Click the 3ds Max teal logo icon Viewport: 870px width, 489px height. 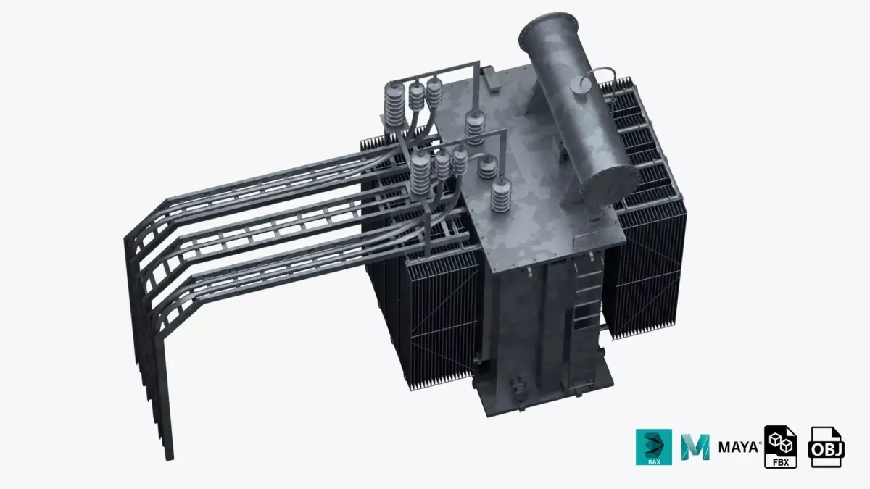(654, 447)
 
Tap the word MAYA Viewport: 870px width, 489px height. (739, 446)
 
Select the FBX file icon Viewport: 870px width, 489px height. (781, 447)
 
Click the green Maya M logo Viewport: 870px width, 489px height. (695, 447)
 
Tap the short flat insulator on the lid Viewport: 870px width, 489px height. (488, 168)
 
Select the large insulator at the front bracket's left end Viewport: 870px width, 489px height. (420, 174)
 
